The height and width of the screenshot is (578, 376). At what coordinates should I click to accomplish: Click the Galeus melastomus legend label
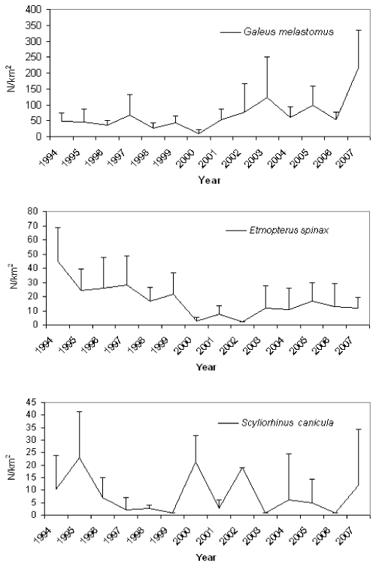[289, 32]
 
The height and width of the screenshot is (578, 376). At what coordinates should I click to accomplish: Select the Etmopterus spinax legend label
[289, 230]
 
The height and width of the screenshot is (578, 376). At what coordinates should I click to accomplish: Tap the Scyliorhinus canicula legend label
[287, 423]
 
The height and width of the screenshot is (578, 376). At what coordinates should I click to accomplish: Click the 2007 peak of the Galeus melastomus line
[358, 68]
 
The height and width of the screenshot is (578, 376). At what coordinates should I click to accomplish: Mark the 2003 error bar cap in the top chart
[267, 57]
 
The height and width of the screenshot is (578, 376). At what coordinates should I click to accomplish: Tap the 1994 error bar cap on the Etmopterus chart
[58, 227]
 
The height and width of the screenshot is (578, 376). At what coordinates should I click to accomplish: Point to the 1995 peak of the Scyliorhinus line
[79, 457]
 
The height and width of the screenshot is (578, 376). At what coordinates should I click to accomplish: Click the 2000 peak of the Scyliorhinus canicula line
[195, 462]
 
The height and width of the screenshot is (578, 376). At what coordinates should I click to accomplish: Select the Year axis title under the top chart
[209, 181]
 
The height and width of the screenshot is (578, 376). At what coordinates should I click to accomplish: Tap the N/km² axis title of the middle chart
[15, 275]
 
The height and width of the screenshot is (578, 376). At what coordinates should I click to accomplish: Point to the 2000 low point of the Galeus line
[199, 133]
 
